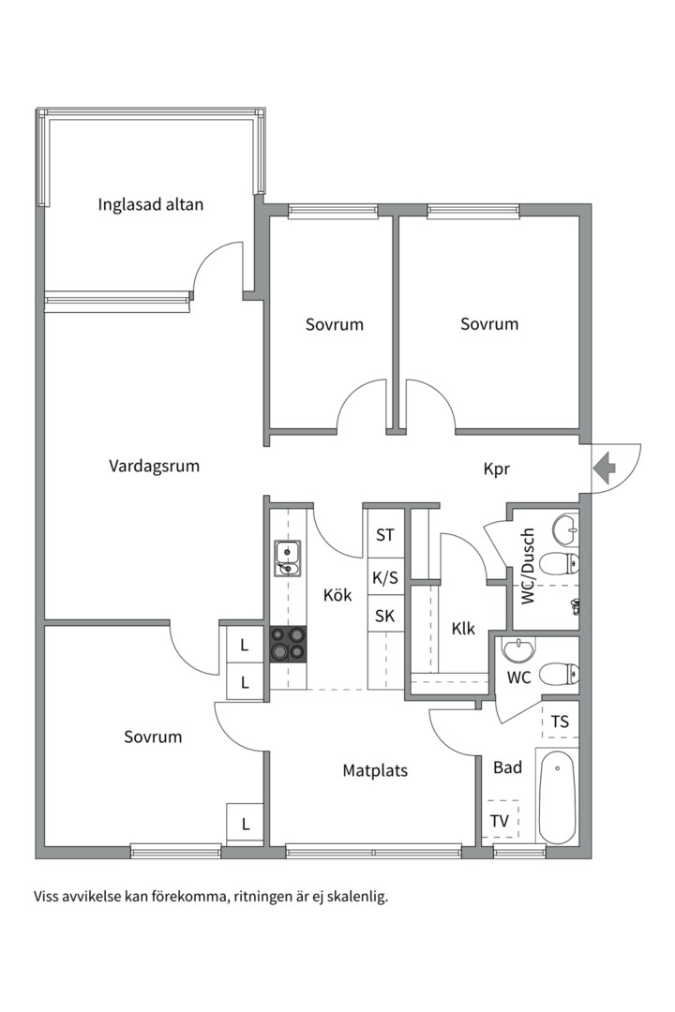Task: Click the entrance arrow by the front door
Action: (x=605, y=466)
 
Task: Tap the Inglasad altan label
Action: (x=150, y=203)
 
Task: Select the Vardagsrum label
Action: (x=154, y=466)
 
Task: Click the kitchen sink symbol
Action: (x=287, y=558)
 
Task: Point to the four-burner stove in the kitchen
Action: (x=288, y=644)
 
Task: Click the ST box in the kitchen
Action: (x=385, y=535)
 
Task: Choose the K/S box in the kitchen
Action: (x=385, y=577)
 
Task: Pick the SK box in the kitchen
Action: (x=385, y=616)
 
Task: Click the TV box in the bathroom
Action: (x=501, y=822)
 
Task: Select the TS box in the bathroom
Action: (x=560, y=722)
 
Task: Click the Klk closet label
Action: (x=462, y=628)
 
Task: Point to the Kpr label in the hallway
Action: (x=497, y=469)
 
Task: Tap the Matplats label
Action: (x=375, y=771)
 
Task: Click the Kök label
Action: (x=337, y=594)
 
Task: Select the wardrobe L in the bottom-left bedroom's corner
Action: (x=246, y=824)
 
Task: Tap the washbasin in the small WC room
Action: (x=516, y=648)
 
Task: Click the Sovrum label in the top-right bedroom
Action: (x=488, y=324)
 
